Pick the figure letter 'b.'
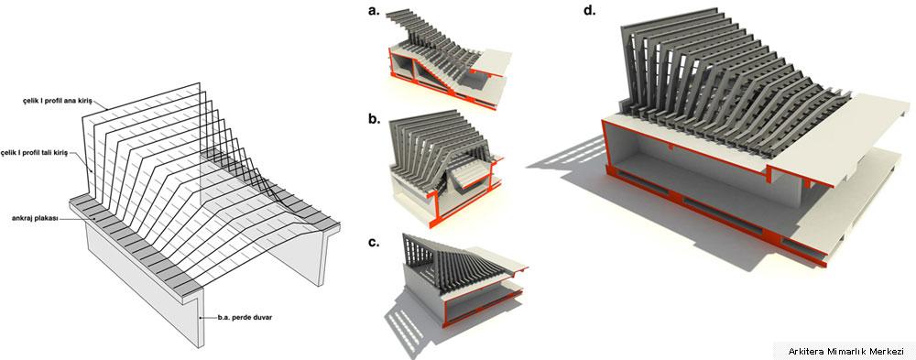pyautogui.click(x=374, y=121)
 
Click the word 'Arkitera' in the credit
pyautogui.click(x=805, y=351)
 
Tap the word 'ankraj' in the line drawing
pyautogui.click(x=21, y=218)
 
